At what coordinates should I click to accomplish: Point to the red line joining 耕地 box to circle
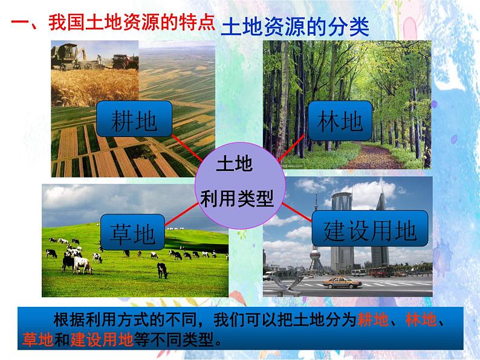click(187, 149)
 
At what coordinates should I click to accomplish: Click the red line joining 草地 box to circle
click(180, 214)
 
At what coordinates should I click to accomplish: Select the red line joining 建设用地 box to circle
click(296, 211)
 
